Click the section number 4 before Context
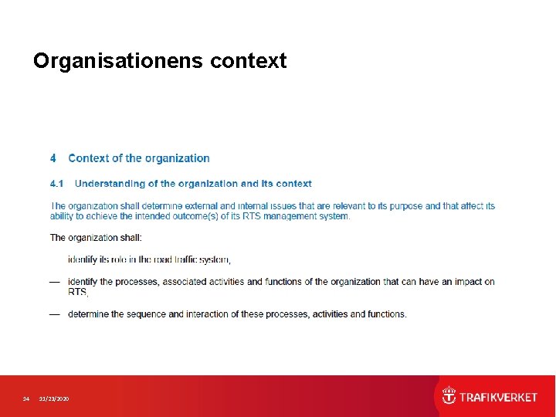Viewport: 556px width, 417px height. pos(53,158)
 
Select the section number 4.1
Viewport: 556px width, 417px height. pos(56,184)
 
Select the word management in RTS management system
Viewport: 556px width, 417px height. pos(285,216)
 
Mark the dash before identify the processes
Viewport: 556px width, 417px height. pos(55,282)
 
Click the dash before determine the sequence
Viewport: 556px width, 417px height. pos(55,314)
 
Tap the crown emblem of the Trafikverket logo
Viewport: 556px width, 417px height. pos(449,397)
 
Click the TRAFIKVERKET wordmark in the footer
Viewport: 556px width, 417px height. pos(498,397)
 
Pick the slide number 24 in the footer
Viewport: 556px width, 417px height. pos(25,398)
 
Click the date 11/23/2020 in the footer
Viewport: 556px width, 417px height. pos(54,398)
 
